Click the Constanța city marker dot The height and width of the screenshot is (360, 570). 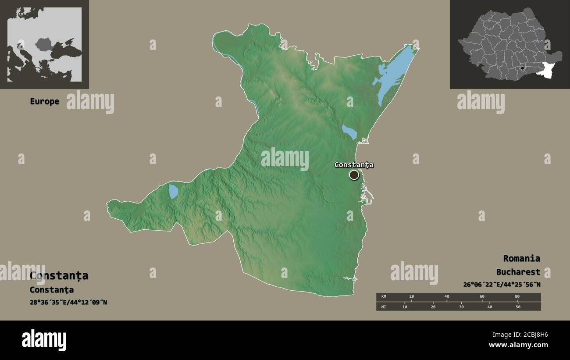pos(354,175)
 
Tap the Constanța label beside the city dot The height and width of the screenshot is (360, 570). pos(354,165)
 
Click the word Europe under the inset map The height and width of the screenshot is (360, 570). pos(44,101)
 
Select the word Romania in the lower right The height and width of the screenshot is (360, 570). pos(521,258)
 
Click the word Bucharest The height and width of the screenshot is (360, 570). pos(518,272)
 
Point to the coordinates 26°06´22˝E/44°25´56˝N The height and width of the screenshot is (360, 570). pos(502,285)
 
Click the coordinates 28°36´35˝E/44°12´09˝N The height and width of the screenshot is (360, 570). pos(68,302)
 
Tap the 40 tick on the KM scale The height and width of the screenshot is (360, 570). pos(447,297)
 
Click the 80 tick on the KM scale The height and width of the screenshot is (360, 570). pos(517,297)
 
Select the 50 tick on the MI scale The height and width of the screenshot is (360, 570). pos(518,307)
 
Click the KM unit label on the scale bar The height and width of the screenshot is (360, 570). pos(384,297)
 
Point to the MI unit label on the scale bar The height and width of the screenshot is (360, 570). pos(384,307)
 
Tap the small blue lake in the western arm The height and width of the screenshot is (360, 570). pos(174,192)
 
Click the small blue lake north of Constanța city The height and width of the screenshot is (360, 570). pos(349,132)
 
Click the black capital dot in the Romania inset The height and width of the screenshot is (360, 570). pos(522,68)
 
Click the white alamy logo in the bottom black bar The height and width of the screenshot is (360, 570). pos(44,340)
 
